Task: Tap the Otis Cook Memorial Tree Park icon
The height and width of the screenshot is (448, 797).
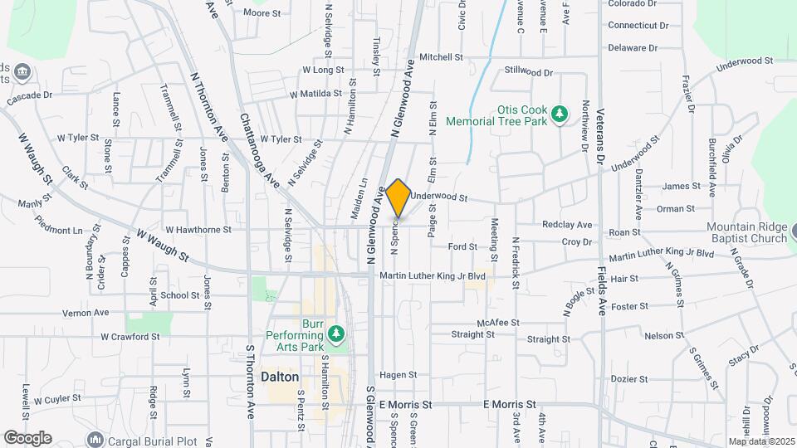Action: pos(560,114)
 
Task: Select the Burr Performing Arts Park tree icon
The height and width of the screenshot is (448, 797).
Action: pos(336,334)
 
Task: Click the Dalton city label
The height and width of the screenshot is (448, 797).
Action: pos(280,376)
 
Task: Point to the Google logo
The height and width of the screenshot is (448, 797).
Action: pos(27,437)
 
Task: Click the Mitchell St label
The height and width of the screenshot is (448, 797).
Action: pos(441,57)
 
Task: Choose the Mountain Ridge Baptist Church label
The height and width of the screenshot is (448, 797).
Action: pos(746,233)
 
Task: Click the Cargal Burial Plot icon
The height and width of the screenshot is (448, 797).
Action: pos(95,438)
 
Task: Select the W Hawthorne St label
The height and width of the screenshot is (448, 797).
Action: pos(198,229)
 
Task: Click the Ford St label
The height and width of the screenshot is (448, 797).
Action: pos(462,246)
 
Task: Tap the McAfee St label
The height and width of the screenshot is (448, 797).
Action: pos(497,322)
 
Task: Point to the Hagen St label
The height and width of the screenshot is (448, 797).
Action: pos(397,375)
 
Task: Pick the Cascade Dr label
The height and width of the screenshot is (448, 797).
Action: pos(29,96)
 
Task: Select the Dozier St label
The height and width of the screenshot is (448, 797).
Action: pos(628,378)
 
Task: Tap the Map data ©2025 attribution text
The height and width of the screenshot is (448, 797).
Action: pos(761,441)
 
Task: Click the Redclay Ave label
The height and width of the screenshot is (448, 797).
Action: pos(567,224)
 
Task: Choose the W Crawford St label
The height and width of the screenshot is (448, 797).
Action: pos(130,337)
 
